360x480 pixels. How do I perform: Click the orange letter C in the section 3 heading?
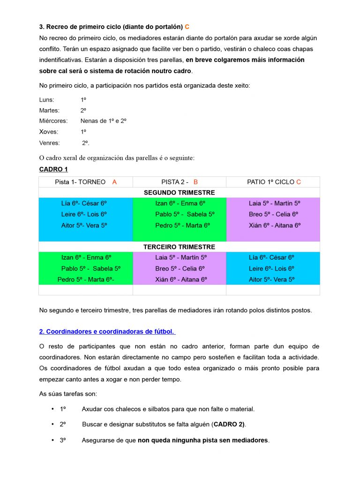(x=187, y=27)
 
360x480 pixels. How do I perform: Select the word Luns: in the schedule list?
(x=46, y=100)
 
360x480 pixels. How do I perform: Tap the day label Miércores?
(x=53, y=121)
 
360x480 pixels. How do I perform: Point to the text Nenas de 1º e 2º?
(x=104, y=121)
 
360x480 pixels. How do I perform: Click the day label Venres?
(x=50, y=142)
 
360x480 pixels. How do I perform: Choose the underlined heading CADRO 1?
(x=53, y=169)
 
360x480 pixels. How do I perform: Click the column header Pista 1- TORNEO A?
(x=86, y=182)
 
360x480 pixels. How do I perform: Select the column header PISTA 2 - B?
(x=180, y=182)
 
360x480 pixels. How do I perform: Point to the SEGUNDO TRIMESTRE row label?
(x=180, y=193)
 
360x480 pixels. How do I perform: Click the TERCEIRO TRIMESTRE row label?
(x=180, y=247)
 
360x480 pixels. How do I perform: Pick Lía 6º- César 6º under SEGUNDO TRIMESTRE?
(x=84, y=203)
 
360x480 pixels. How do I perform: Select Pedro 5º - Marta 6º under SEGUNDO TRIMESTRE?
(x=182, y=225)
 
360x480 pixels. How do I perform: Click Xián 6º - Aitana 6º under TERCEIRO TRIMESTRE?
(x=181, y=279)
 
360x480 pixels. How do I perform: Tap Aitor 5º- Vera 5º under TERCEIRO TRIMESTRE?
(x=272, y=279)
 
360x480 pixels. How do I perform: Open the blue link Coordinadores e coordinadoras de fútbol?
(x=107, y=332)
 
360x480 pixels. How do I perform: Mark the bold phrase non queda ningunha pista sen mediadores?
(x=203, y=441)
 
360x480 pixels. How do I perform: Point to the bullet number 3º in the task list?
(x=63, y=441)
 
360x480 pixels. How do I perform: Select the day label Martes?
(x=49, y=111)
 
